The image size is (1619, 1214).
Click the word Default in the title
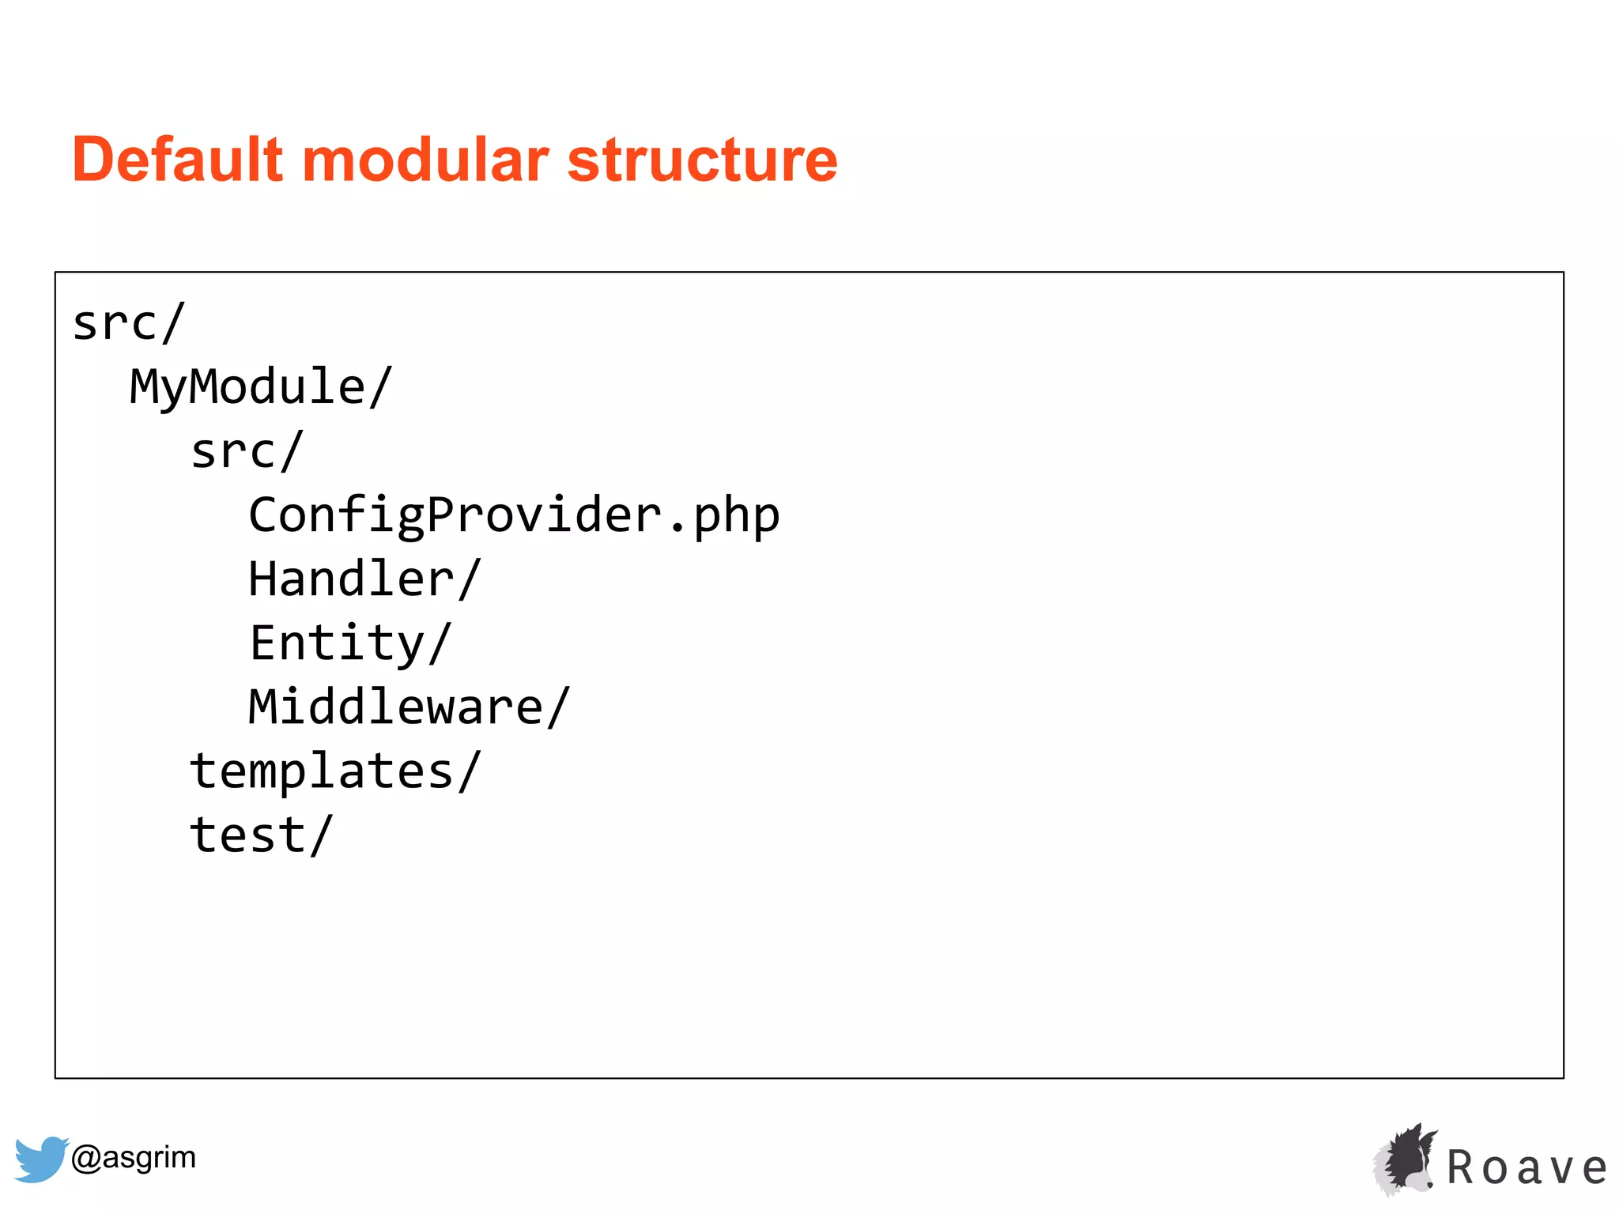coord(177,160)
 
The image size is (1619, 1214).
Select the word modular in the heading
coord(425,160)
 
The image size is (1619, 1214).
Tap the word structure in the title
coord(702,160)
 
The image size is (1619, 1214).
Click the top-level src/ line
coord(129,324)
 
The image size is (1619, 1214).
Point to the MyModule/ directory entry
coord(261,387)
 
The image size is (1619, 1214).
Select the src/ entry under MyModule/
coord(247,452)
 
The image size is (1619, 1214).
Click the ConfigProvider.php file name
coord(514,516)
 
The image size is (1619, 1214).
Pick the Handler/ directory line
coord(364,579)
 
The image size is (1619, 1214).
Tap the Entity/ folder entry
coord(350,643)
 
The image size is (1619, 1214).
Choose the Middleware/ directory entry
coord(409,707)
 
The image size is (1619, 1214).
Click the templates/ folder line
coord(335,771)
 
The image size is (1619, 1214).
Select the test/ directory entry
coord(262,835)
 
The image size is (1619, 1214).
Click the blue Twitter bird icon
coord(41,1159)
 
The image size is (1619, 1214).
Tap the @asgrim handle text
coord(134,1158)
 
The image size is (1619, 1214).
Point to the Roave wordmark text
coord(1527,1168)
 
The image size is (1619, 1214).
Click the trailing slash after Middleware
coord(558,707)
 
